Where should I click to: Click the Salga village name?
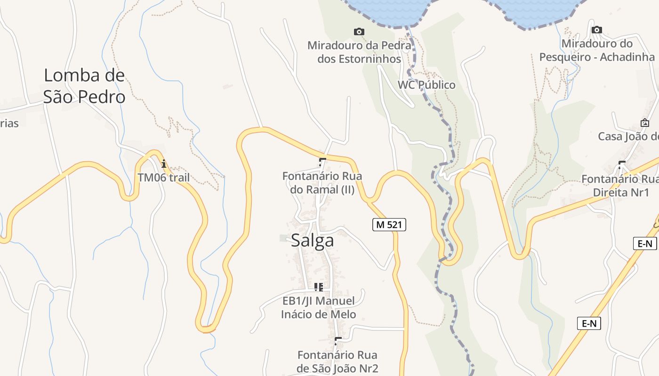coord(313,240)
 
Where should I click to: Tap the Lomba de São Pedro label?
coord(84,86)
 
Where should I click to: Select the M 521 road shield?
coord(389,225)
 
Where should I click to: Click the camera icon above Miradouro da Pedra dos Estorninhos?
coord(359,31)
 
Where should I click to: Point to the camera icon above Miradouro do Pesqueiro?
coord(597,30)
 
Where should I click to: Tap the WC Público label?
coord(426,85)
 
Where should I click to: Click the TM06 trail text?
coord(164,177)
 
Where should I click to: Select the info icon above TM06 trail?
coord(164,164)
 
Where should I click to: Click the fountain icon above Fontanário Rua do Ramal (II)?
coord(322,163)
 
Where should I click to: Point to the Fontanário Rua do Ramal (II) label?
coord(322,183)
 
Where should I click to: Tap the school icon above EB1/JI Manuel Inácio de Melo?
coord(319,287)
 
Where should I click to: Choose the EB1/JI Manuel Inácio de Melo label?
coord(319,307)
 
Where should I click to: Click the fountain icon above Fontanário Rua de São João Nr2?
coord(338,341)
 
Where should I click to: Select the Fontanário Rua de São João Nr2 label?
coord(338,361)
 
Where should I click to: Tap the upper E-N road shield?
coord(644,243)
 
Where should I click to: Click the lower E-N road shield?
coord(589,323)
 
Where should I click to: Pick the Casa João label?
coord(628,136)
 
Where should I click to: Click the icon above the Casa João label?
coord(645,123)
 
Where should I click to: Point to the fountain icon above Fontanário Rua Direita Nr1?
coord(621,165)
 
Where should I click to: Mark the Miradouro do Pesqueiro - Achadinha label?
coord(597,50)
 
